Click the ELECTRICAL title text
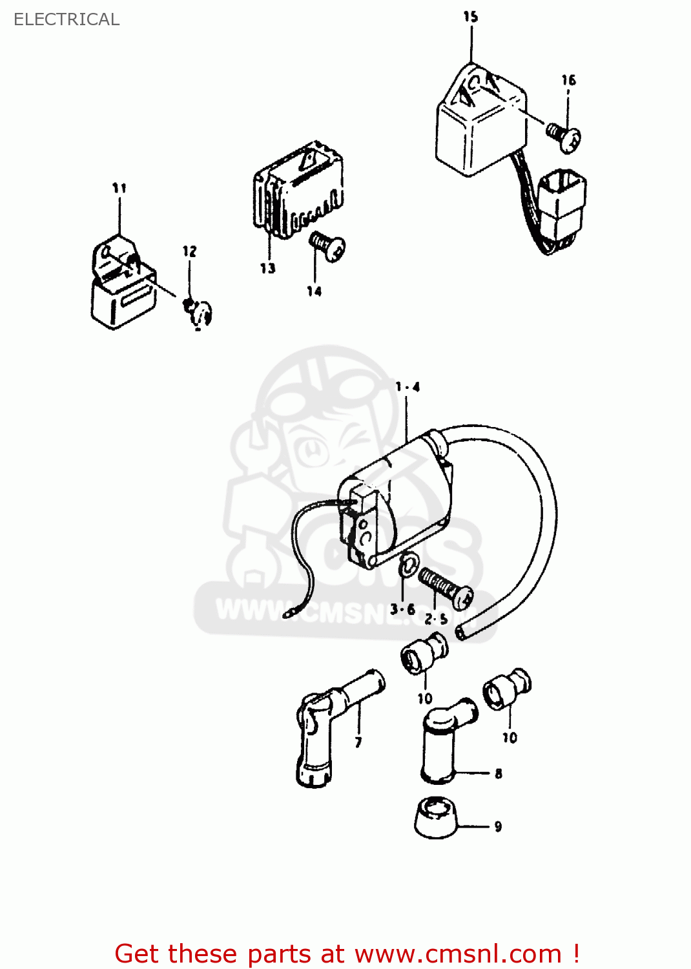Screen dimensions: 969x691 click(67, 19)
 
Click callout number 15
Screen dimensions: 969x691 click(471, 17)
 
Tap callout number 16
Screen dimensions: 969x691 click(568, 80)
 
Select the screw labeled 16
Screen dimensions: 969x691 click(564, 136)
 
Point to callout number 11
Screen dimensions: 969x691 click(119, 188)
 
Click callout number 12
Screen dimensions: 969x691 click(189, 251)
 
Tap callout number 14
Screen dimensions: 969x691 click(315, 291)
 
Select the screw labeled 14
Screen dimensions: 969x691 click(328, 245)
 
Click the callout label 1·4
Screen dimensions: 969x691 click(407, 387)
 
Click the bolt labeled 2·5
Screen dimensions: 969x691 click(445, 587)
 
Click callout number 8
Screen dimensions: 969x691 click(498, 773)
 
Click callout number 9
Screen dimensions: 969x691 click(498, 826)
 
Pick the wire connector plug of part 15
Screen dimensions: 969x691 click(561, 203)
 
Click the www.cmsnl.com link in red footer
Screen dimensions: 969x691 click(458, 954)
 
